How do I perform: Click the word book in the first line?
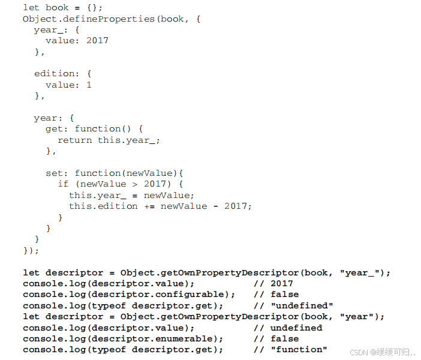[x=57, y=7]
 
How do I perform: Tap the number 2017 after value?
[x=97, y=41]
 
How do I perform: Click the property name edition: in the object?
[x=56, y=74]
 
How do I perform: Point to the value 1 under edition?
[x=89, y=85]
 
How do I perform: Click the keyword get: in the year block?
[x=57, y=129]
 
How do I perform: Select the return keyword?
[x=75, y=140]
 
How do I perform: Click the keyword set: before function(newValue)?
[x=57, y=173]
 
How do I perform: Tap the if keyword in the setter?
[x=63, y=184]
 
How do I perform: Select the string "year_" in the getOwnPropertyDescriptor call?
[x=360, y=272]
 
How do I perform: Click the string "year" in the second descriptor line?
[x=357, y=317]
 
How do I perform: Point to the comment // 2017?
[x=273, y=284]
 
